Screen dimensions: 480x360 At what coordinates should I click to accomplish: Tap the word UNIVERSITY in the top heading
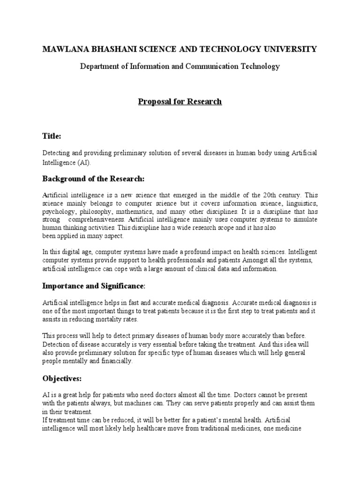[x=292, y=49]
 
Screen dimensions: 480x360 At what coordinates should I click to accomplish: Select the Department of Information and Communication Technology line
[x=180, y=66]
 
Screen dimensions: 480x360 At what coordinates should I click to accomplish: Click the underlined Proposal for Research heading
[x=180, y=102]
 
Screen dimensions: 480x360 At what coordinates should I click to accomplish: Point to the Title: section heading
[x=52, y=136]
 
